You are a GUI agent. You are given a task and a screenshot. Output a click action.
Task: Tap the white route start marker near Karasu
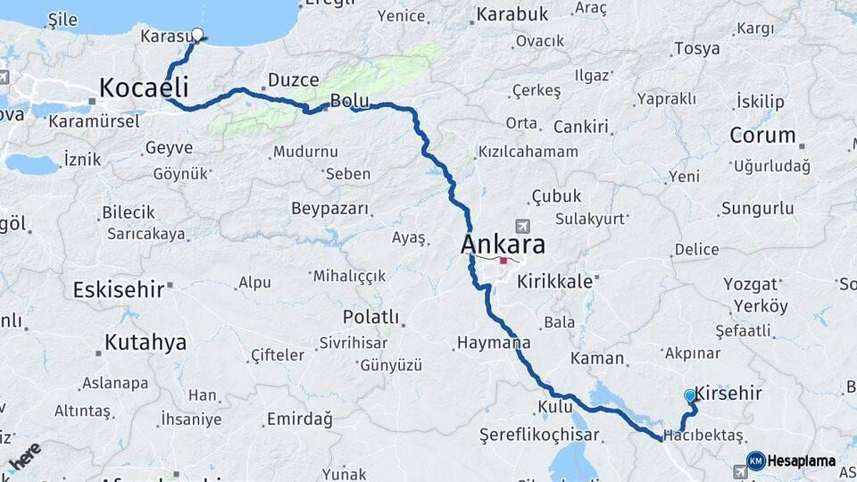click(197, 36)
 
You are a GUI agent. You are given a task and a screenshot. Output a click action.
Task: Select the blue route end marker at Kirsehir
click(689, 395)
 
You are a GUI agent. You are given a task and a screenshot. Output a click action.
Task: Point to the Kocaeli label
click(144, 87)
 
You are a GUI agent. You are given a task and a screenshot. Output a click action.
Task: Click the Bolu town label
click(344, 101)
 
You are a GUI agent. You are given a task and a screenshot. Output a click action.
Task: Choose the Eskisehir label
click(118, 289)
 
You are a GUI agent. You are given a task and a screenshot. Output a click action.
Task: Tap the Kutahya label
click(146, 342)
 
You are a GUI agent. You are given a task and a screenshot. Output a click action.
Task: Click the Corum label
click(762, 136)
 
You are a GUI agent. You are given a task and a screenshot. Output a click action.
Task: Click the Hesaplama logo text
click(802, 461)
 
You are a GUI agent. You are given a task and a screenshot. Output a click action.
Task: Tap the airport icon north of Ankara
click(521, 226)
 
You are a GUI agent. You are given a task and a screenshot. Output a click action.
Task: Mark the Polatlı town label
click(370, 317)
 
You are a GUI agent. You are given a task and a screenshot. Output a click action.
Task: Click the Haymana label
click(494, 342)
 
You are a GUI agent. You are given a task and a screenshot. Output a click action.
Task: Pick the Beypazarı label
click(329, 209)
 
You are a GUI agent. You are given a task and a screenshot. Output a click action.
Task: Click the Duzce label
click(294, 80)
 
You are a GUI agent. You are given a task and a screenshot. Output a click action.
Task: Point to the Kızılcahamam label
click(528, 152)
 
